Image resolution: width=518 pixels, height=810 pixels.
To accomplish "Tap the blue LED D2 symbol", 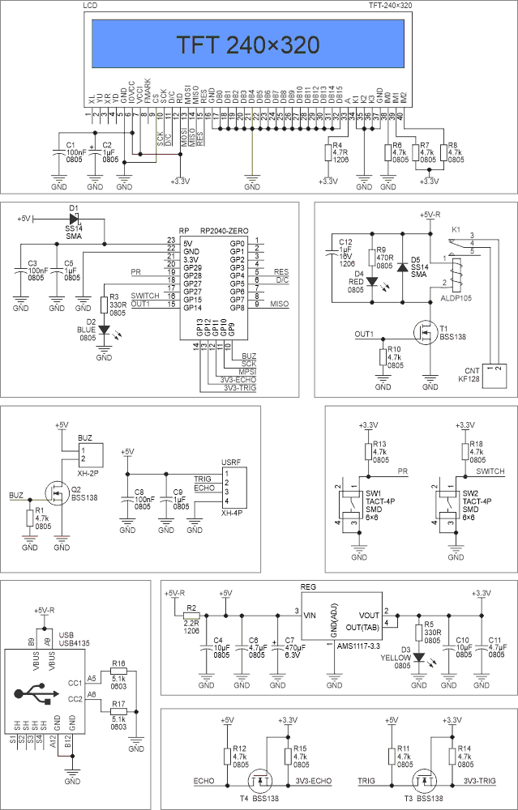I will coord(104,330).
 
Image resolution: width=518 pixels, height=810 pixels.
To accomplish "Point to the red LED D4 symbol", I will coord(372,283).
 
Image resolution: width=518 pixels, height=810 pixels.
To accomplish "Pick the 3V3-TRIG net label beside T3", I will coord(478,781).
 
